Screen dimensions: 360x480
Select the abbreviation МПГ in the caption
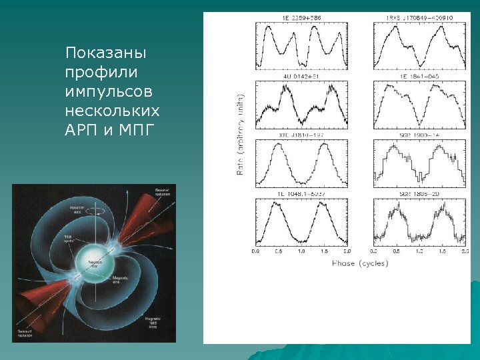click(x=135, y=125)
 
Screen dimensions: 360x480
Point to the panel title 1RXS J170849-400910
click(x=419, y=17)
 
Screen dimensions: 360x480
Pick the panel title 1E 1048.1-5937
click(x=301, y=193)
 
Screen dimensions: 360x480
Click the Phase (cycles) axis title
click(x=360, y=264)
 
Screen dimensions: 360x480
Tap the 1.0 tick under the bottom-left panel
click(x=301, y=253)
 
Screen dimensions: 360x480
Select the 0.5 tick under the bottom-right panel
click(x=396, y=253)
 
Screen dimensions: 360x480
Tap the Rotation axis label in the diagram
click(x=79, y=209)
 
